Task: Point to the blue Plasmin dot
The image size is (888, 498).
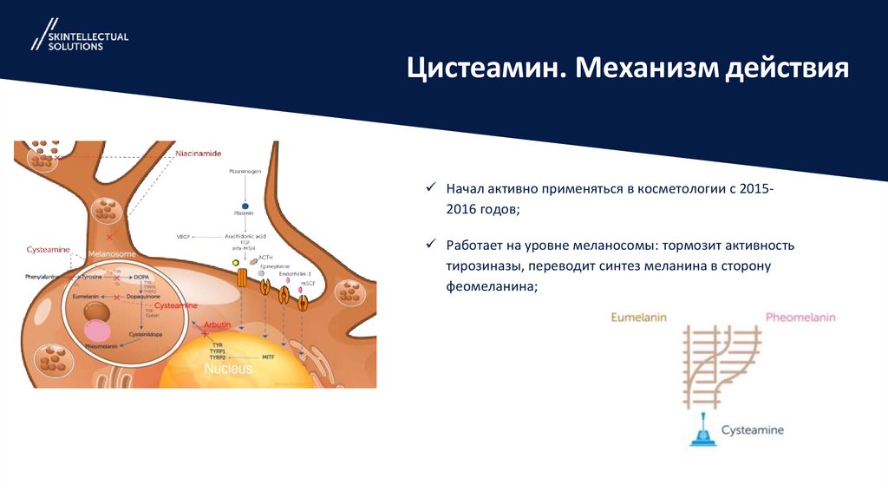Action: pyautogui.click(x=245, y=204)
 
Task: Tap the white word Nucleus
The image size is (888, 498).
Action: pyautogui.click(x=228, y=369)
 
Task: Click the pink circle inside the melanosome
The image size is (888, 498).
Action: pyautogui.click(x=97, y=331)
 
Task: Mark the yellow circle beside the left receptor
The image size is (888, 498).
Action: pyautogui.click(x=235, y=262)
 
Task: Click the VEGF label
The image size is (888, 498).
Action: pyautogui.click(x=184, y=235)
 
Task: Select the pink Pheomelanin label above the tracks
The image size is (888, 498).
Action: pyautogui.click(x=800, y=318)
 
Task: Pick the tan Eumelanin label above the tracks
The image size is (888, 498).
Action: pyautogui.click(x=638, y=318)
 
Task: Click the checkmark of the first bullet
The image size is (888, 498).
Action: pyautogui.click(x=428, y=188)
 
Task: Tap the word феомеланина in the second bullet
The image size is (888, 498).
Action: pyautogui.click(x=492, y=287)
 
